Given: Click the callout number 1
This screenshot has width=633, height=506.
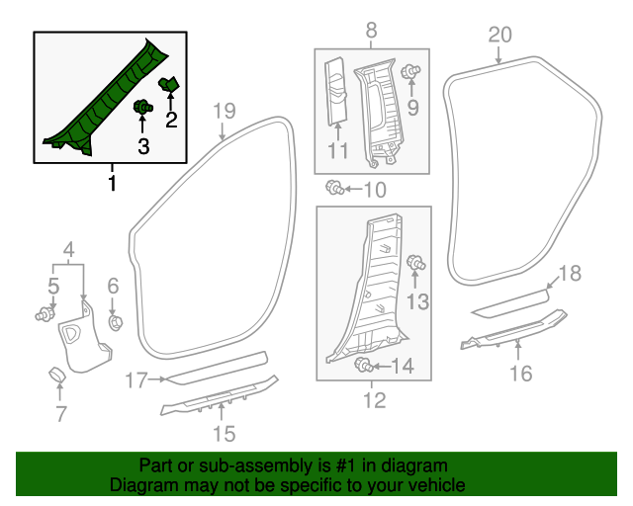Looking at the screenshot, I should (x=112, y=184).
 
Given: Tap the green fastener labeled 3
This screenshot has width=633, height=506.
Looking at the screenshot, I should (x=143, y=107).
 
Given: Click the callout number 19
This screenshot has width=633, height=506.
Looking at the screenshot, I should (x=225, y=111).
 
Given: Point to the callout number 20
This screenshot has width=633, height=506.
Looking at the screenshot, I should (x=499, y=36).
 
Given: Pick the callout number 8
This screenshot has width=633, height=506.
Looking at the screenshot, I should (x=371, y=32).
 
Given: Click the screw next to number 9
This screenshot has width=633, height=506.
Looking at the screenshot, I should (x=413, y=71).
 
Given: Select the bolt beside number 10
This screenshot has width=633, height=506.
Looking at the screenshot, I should (x=335, y=187).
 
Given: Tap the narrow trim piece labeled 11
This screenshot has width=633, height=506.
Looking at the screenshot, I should (x=336, y=94).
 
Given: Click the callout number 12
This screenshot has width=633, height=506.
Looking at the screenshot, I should (x=373, y=401).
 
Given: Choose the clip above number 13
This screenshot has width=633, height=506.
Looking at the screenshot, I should (x=416, y=263).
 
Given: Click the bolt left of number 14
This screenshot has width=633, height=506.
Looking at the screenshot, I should (x=362, y=367).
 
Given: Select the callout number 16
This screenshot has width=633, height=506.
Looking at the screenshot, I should (x=520, y=373).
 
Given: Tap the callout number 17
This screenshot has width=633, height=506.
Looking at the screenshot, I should (x=136, y=379).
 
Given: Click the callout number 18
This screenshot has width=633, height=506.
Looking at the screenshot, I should (x=570, y=274).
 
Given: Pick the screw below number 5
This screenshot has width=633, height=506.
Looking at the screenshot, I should (x=45, y=315).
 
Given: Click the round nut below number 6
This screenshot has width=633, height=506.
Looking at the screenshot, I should (x=114, y=322).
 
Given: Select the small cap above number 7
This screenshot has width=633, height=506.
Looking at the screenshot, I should (x=58, y=375).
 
